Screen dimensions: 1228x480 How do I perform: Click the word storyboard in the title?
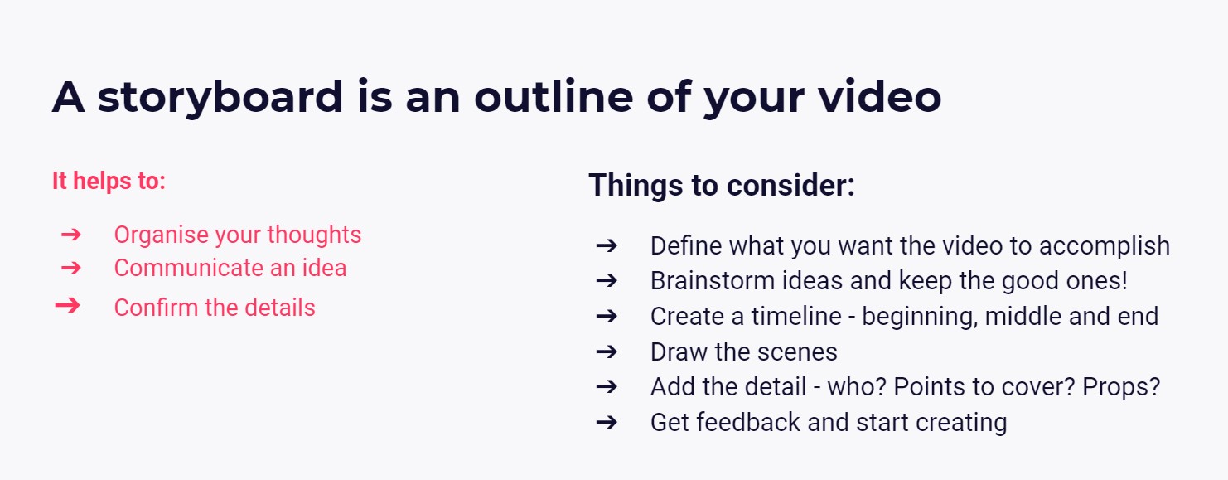click(220, 98)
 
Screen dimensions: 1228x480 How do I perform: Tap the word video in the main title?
click(880, 96)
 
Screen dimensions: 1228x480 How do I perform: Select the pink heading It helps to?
click(109, 181)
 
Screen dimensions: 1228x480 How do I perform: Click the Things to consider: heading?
click(722, 185)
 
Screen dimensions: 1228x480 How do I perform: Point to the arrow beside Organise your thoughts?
click(71, 235)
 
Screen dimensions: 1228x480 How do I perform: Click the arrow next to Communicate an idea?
click(71, 269)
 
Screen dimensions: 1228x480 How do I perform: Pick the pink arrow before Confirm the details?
click(67, 305)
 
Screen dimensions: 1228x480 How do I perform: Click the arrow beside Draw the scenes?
click(607, 352)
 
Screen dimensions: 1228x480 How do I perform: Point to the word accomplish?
click(1104, 246)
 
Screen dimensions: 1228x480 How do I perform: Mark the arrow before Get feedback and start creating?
click(607, 423)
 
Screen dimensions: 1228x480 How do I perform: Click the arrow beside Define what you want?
click(607, 245)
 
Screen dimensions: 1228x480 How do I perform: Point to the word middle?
click(1023, 317)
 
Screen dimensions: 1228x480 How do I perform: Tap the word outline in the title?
click(554, 96)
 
